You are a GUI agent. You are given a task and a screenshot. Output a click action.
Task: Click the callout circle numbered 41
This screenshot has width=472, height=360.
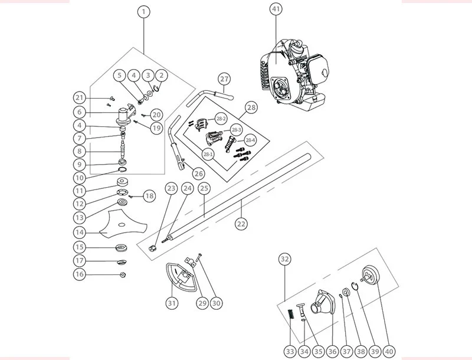276,9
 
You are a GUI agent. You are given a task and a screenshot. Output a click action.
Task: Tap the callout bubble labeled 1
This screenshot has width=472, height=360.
144,12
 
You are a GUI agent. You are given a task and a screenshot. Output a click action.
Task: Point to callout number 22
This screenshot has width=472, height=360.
241,224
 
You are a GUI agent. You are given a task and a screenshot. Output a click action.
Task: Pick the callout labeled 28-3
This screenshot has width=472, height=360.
235,130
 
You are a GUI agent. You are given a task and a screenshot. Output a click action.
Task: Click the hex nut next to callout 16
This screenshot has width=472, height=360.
123,274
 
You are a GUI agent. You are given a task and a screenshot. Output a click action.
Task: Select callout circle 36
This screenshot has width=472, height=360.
332,351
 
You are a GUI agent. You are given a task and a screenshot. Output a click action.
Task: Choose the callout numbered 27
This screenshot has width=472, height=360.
224,79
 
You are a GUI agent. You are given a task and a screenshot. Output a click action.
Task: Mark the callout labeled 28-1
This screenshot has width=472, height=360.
208,155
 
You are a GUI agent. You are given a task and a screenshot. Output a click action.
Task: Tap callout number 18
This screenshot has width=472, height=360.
149,197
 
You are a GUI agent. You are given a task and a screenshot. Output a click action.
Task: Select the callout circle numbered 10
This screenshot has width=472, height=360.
80,178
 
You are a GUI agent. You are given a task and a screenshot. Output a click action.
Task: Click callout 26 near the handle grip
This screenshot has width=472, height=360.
198,174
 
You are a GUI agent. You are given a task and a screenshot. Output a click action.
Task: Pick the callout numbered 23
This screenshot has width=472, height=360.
171,188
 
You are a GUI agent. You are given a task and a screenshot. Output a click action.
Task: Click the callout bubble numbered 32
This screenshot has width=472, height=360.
284,259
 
